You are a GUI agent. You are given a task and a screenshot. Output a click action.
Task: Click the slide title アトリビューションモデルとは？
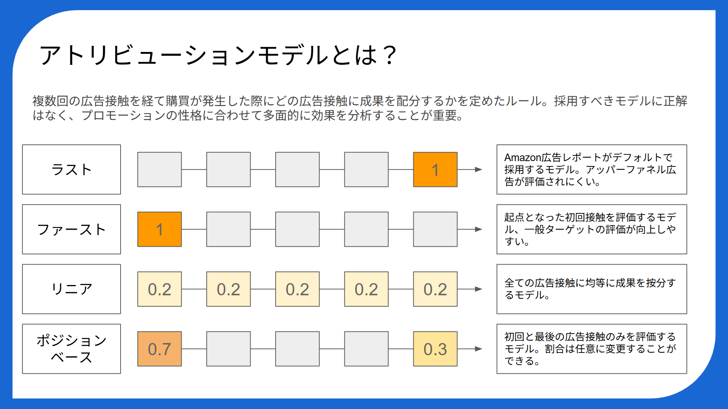click(218, 55)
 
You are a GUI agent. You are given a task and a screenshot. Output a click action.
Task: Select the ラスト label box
click(72, 169)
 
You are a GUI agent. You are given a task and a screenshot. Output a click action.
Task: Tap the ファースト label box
click(72, 229)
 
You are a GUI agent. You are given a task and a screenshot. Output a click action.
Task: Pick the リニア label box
click(72, 289)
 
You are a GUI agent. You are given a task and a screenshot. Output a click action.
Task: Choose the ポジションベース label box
click(72, 349)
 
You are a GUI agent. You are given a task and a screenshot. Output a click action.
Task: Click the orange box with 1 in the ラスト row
click(435, 169)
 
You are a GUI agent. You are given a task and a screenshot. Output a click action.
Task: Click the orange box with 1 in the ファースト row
click(160, 229)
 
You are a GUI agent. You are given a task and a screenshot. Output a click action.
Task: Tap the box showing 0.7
click(160, 349)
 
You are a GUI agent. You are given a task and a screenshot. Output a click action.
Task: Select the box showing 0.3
click(435, 349)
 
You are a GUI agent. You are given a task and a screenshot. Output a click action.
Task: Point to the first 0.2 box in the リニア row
click(160, 289)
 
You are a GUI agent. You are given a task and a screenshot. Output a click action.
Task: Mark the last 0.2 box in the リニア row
click(435, 289)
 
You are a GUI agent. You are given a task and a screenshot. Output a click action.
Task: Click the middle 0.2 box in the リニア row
click(297, 289)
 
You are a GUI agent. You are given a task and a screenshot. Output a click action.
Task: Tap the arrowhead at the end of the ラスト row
click(479, 169)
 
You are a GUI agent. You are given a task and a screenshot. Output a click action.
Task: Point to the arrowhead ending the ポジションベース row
click(479, 349)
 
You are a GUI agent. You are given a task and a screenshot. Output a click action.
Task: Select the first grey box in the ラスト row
click(160, 169)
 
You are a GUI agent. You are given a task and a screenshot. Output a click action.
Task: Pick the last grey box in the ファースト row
click(435, 229)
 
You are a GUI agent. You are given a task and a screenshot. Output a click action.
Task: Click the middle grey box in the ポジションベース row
click(297, 349)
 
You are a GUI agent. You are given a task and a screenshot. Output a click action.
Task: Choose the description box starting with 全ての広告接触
click(592, 289)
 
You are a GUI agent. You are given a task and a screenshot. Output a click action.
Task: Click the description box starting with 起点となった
click(592, 229)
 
